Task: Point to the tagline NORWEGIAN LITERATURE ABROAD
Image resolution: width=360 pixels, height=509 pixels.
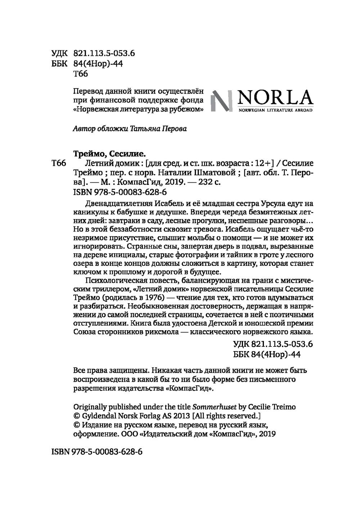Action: [x=275, y=110]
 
